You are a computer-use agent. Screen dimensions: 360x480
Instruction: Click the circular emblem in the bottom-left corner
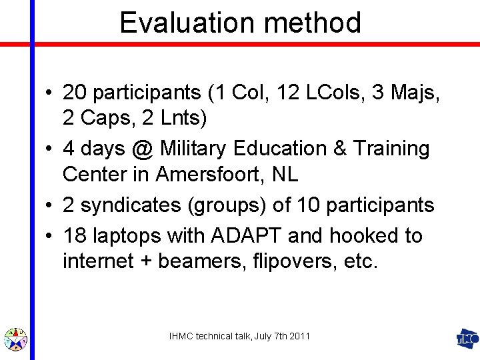click(15, 339)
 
